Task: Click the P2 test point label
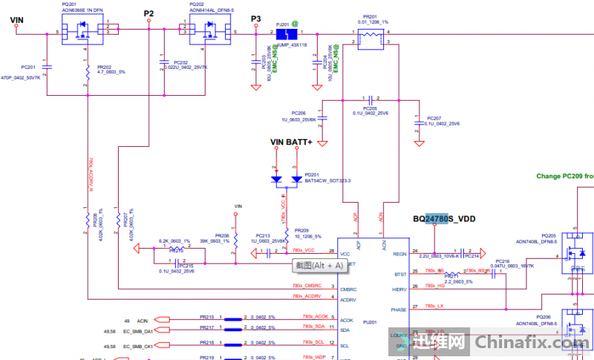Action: coord(149,13)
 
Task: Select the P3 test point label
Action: coord(256,18)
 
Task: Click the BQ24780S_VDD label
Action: coord(443,219)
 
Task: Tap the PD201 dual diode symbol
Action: coord(287,179)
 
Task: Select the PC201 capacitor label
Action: coord(28,67)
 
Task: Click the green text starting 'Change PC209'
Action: coord(564,176)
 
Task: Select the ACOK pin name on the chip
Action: coord(346,319)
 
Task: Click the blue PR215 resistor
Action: coord(235,320)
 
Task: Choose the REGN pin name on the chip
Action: coord(400,253)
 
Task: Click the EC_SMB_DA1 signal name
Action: coord(139,330)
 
